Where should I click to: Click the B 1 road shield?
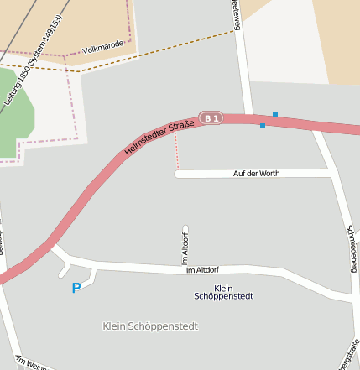211,118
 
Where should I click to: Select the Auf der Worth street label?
256,174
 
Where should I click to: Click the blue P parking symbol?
76,288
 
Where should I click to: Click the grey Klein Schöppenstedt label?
150,326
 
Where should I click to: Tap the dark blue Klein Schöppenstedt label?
223,292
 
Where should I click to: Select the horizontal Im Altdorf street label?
202,269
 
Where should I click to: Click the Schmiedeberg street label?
352,248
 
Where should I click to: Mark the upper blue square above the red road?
275,114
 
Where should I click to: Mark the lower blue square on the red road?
263,126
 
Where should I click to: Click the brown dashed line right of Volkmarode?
168,50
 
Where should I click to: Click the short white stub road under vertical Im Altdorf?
185,228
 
